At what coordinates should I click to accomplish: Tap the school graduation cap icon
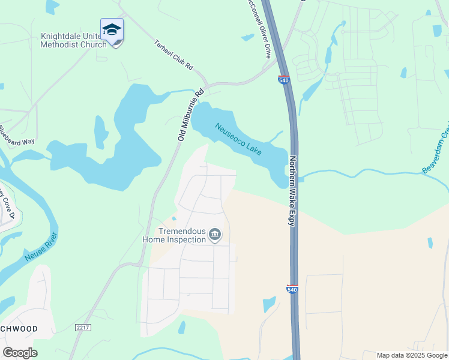pos(112,29)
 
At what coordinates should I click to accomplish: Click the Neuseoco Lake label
pos(238,139)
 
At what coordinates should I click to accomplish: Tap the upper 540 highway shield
pos(285,79)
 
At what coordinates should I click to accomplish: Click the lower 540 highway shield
pos(293,289)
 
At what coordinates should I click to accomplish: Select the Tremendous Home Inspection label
pos(174,235)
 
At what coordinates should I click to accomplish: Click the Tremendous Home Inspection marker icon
pos(215,235)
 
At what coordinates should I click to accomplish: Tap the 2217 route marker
pos(83,327)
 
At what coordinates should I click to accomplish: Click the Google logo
pos(20,352)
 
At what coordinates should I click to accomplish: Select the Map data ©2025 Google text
pos(412,355)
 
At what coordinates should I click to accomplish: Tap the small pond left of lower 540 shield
pos(270,304)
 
